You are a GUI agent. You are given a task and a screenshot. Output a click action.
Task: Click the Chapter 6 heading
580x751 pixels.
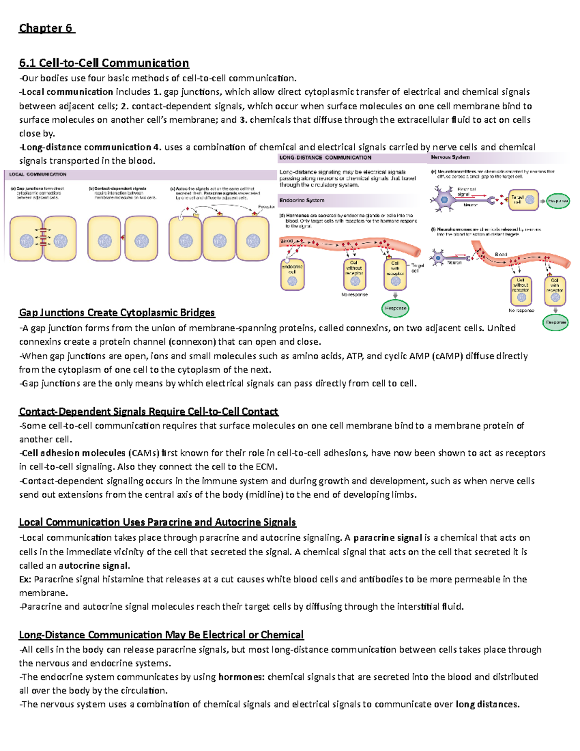[x=46, y=28]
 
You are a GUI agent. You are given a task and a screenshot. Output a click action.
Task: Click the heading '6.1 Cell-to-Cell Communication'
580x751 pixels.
[x=104, y=63]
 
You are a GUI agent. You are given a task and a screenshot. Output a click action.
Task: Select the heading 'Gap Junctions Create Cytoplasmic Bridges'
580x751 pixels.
[x=117, y=312]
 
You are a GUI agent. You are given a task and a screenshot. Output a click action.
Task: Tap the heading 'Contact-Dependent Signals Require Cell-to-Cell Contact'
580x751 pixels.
[x=148, y=412]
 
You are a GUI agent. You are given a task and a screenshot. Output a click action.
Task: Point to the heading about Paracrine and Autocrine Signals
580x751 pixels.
[x=157, y=522]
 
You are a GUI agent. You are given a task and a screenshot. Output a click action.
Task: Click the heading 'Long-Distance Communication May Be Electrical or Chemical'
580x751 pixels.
[x=161, y=634]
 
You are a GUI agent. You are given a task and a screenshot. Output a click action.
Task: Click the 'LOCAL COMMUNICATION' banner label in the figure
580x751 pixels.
[x=38, y=174]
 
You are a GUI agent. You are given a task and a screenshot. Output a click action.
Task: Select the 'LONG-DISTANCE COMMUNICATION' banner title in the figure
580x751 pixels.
[x=325, y=158]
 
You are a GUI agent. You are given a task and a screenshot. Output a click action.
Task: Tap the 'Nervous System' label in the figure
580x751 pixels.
[x=450, y=157]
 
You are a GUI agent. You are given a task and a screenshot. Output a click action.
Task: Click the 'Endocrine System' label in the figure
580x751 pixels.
[x=302, y=200]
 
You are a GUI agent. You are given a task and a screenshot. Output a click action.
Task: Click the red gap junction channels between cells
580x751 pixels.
[x=43, y=237]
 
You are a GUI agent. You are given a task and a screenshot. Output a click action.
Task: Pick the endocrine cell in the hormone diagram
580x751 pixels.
[x=292, y=276]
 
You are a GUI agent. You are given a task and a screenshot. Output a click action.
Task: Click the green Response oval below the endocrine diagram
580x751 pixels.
[x=395, y=308]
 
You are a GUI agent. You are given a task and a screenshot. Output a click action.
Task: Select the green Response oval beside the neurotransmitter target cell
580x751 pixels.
[x=557, y=201]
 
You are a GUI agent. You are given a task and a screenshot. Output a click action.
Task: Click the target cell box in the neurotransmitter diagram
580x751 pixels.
[x=523, y=200]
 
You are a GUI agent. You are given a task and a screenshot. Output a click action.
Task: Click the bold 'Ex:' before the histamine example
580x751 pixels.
[x=25, y=579]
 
